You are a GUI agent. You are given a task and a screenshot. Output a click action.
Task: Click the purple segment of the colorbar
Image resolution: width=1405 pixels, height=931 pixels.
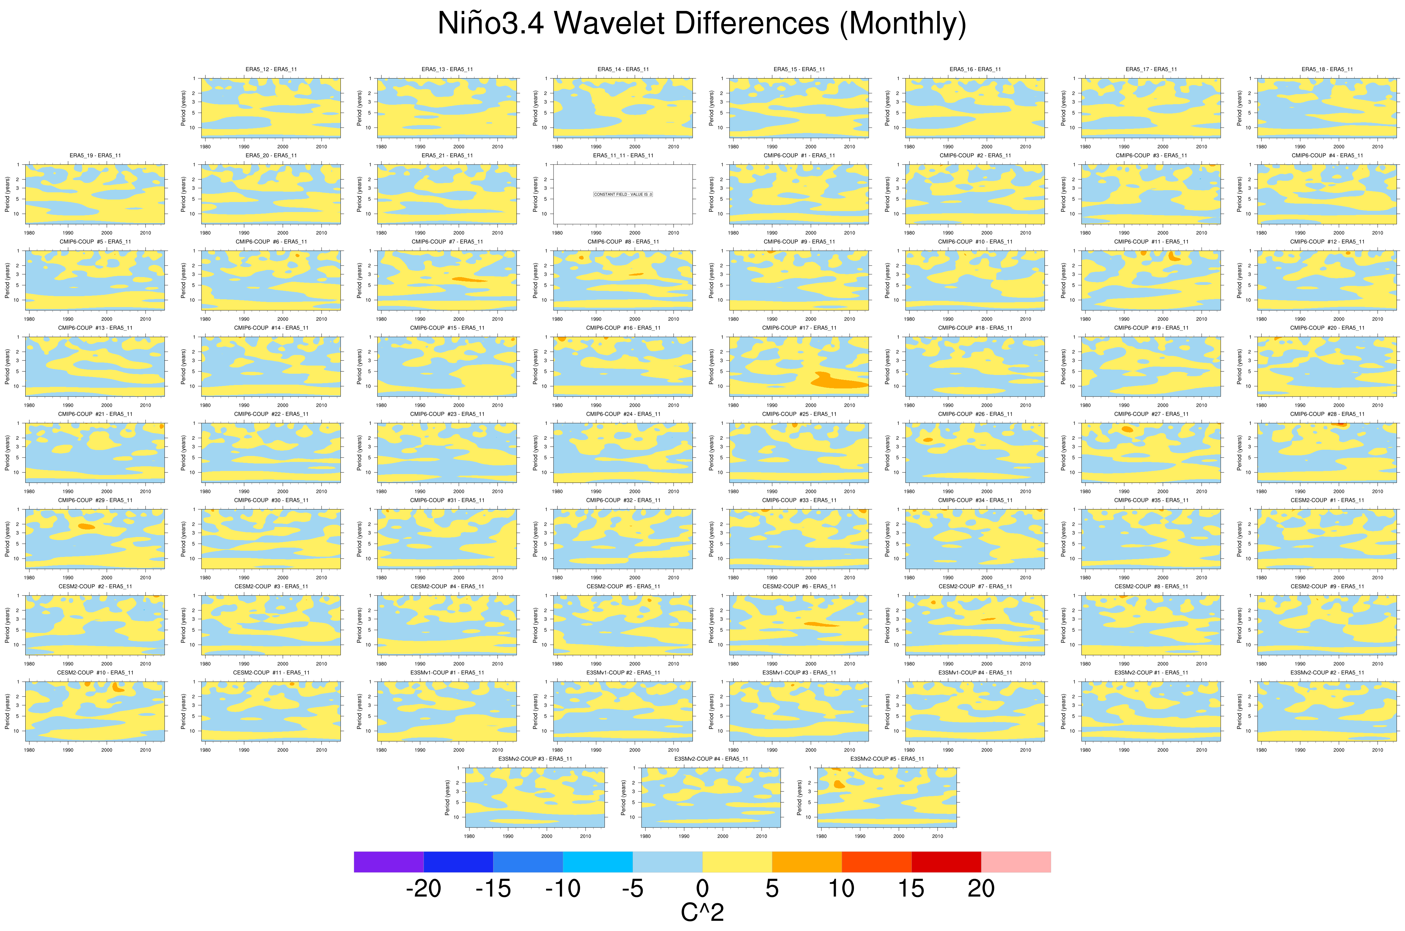coord(389,862)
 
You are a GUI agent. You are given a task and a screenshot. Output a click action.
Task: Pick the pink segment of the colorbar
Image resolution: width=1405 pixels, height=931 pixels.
coord(1015,862)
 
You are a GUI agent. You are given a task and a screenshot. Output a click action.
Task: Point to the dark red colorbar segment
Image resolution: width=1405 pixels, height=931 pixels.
coord(946,862)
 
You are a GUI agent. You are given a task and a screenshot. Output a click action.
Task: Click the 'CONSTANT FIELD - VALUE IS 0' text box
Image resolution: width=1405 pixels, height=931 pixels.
coord(623,194)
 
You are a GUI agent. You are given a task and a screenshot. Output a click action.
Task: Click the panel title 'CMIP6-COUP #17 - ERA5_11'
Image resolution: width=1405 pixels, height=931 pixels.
coord(799,328)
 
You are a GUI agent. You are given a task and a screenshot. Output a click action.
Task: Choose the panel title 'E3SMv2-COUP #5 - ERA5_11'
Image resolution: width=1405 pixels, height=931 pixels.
coord(887,759)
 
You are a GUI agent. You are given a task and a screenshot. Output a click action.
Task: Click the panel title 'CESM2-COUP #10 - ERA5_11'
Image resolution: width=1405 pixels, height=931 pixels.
coord(95,673)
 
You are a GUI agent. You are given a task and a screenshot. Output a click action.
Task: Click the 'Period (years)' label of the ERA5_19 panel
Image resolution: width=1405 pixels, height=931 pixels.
coord(8,194)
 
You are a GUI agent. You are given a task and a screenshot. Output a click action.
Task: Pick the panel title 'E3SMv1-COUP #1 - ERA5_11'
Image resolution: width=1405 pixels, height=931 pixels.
coord(447,673)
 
